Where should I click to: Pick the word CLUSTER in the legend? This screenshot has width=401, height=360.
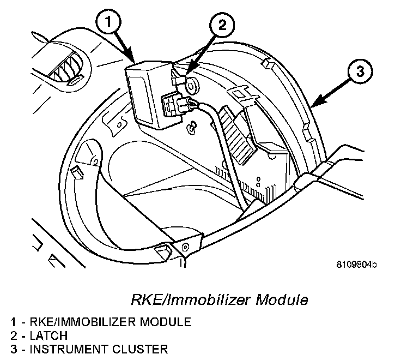tap(140, 349)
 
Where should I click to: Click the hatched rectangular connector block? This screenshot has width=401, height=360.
tap(239, 137)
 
